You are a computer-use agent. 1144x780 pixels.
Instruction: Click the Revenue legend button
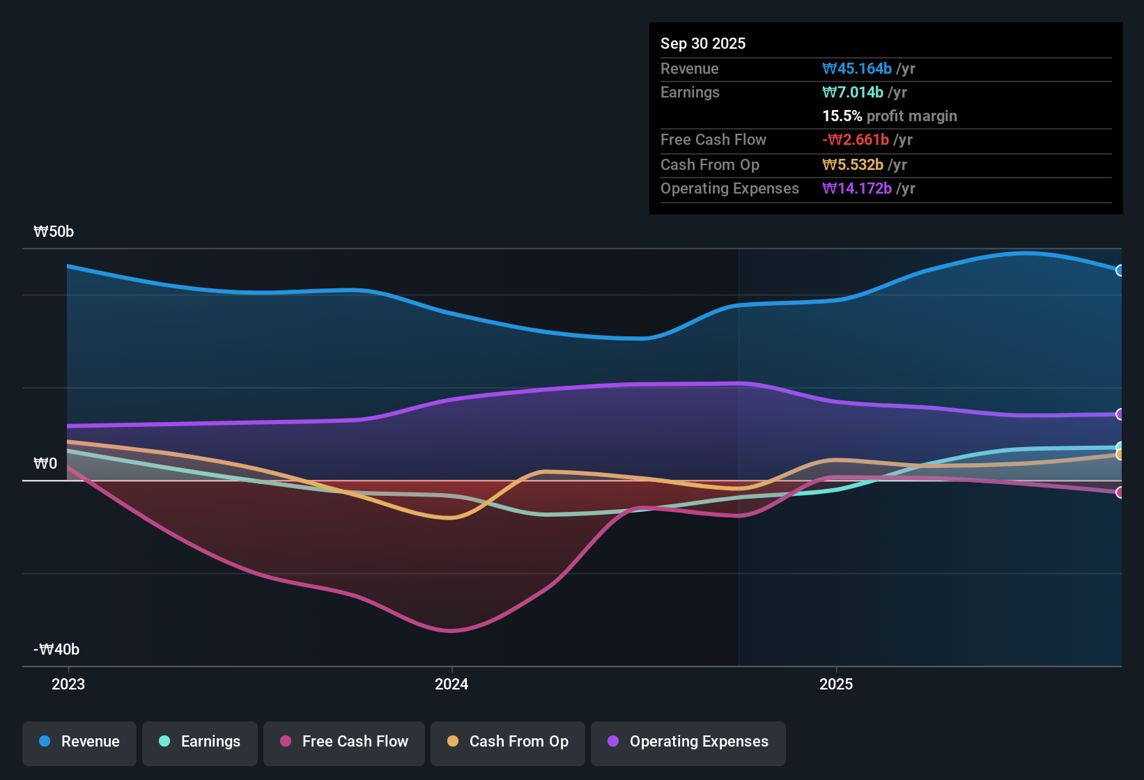pyautogui.click(x=79, y=742)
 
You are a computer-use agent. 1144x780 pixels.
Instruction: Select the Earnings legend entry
pyautogui.click(x=200, y=742)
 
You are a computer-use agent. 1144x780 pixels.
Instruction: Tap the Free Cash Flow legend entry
pyautogui.click(x=344, y=742)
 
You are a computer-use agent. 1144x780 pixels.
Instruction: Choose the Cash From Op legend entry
pyautogui.click(x=508, y=742)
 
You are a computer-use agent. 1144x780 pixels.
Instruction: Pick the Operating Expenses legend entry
pyautogui.click(x=688, y=742)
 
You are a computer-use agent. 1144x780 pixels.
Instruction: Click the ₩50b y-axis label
pyautogui.click(x=54, y=232)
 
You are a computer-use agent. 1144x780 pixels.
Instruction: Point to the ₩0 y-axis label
pyautogui.click(x=45, y=464)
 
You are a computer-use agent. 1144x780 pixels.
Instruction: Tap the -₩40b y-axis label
pyautogui.click(x=56, y=650)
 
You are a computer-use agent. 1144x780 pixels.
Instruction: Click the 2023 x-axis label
pyautogui.click(x=68, y=684)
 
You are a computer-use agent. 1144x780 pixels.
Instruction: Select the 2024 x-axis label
pyautogui.click(x=451, y=684)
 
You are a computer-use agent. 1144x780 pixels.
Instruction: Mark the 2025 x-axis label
pyautogui.click(x=836, y=684)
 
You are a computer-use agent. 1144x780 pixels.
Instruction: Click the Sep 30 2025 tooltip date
pyautogui.click(x=703, y=44)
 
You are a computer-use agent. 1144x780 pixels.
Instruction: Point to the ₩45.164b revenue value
pyautogui.click(x=857, y=69)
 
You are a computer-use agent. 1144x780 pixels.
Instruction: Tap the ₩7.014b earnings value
pyautogui.click(x=853, y=93)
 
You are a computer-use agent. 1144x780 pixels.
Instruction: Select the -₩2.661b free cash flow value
pyautogui.click(x=856, y=140)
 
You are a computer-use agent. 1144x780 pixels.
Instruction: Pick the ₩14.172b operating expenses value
pyautogui.click(x=857, y=189)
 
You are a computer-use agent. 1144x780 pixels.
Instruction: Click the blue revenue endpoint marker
pyautogui.click(x=1120, y=270)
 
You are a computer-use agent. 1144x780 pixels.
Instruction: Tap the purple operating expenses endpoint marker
pyautogui.click(x=1120, y=414)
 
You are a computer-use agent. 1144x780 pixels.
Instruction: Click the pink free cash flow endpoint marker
pyautogui.click(x=1120, y=492)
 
